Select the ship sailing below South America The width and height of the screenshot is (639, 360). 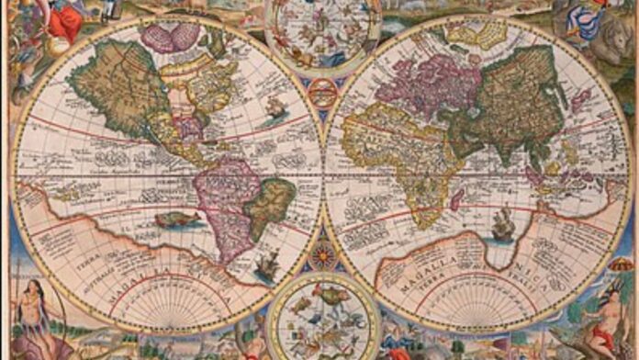pyautogui.click(x=267, y=266)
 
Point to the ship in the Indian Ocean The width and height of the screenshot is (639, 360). pyautogui.click(x=503, y=223)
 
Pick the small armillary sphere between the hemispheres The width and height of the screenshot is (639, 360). pyautogui.click(x=322, y=93)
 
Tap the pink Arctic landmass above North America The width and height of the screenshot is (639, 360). pyautogui.click(x=170, y=37)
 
